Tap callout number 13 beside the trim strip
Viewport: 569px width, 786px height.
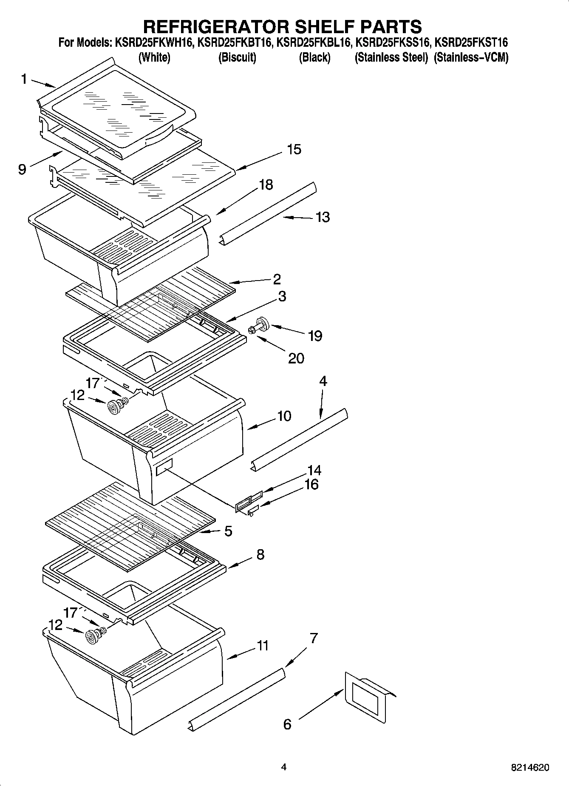click(x=323, y=217)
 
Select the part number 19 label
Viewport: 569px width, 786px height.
click(x=315, y=336)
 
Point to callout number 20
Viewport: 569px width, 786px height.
click(x=296, y=358)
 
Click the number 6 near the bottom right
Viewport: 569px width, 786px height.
click(x=287, y=724)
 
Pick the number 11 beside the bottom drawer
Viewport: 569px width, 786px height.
click(x=262, y=646)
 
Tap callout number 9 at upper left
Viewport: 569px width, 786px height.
click(x=22, y=169)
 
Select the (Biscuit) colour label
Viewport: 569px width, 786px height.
click(x=237, y=57)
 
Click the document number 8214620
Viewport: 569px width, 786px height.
click(x=530, y=767)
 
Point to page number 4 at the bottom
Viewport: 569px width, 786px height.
click(x=284, y=767)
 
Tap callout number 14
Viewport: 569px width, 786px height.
click(x=314, y=470)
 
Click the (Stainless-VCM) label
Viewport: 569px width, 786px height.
click(x=471, y=57)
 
